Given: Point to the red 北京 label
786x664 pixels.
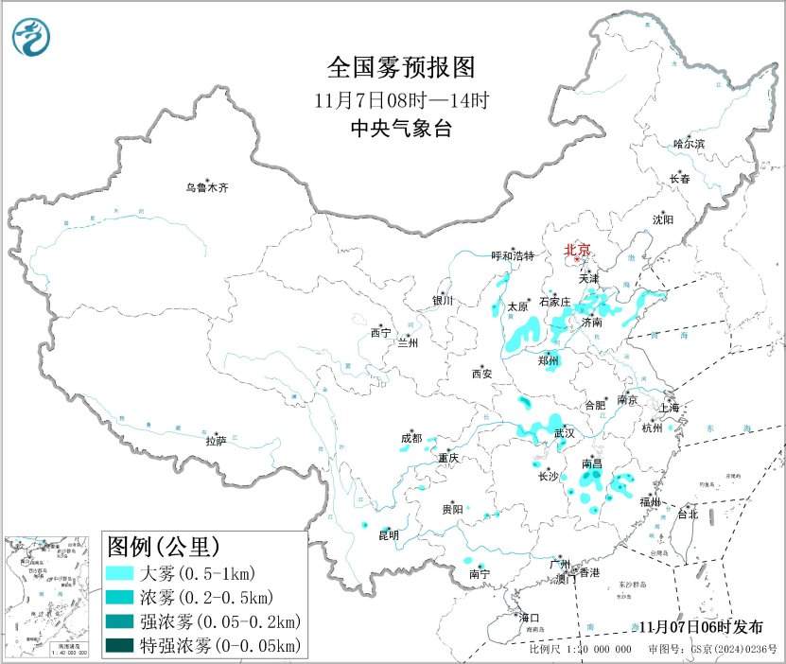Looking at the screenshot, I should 577,250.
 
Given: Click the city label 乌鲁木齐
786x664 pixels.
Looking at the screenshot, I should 206,188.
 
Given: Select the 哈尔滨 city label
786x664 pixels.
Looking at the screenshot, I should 689,144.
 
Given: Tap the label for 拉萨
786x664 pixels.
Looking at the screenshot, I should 216,440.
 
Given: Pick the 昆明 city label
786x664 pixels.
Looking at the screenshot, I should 389,535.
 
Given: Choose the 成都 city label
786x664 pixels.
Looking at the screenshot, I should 411,438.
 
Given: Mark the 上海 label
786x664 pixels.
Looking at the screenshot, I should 670,408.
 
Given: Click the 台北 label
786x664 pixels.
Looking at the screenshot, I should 687,515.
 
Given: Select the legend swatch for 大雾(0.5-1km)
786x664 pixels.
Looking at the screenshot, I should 119,573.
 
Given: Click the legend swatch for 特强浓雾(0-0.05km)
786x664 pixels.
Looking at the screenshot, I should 119,646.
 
